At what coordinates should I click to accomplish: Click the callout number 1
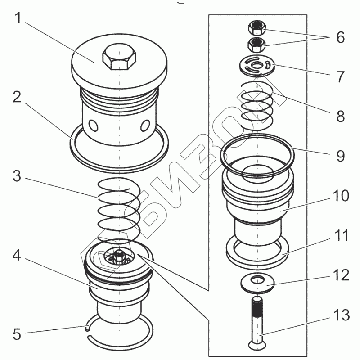(x=18, y=19)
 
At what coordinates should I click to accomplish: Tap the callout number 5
(x=17, y=335)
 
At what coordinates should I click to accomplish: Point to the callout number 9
(x=340, y=156)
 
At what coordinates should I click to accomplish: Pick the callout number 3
(x=17, y=177)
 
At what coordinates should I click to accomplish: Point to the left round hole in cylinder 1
(x=93, y=124)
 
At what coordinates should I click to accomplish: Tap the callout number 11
(x=340, y=235)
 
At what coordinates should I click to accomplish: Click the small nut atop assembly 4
(x=119, y=256)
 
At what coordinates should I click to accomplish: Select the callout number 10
(x=340, y=197)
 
